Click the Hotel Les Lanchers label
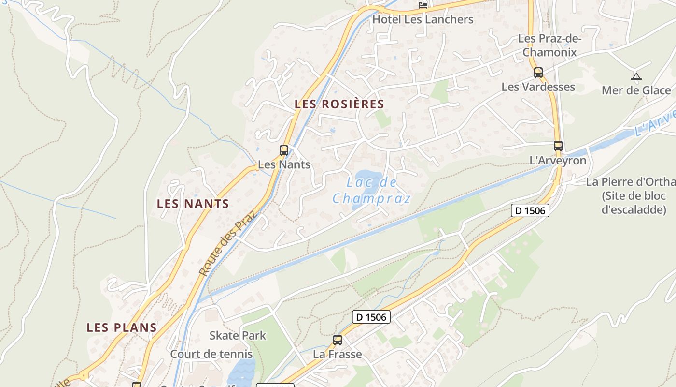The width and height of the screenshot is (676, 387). coord(423,20)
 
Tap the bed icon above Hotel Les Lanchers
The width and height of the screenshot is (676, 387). coord(423,5)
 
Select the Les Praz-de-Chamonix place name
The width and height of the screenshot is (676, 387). coord(549,45)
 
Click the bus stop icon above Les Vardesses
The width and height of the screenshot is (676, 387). coord(538,73)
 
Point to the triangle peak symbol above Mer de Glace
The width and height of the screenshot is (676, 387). coord(636,76)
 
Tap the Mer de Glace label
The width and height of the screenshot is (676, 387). coord(636,90)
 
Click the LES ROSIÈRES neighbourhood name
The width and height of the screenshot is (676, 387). coord(339,104)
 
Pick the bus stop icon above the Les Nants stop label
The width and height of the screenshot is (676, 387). coord(284,150)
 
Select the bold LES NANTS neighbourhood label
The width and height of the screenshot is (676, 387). coord(193,204)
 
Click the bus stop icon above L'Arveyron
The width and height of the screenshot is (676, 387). coord(558,146)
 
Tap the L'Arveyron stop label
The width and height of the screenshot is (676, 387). coord(558,161)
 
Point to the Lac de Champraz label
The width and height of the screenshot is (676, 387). coord(372,191)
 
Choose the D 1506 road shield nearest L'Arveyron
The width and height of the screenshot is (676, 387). coord(530,210)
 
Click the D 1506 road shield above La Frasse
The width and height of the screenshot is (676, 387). coord(371,317)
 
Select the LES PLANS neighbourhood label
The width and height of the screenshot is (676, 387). coord(122,327)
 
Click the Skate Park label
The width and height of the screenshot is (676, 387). coord(238,335)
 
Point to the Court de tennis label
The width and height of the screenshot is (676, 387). coord(211,354)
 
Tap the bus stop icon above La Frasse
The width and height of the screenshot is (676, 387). coord(338,340)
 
